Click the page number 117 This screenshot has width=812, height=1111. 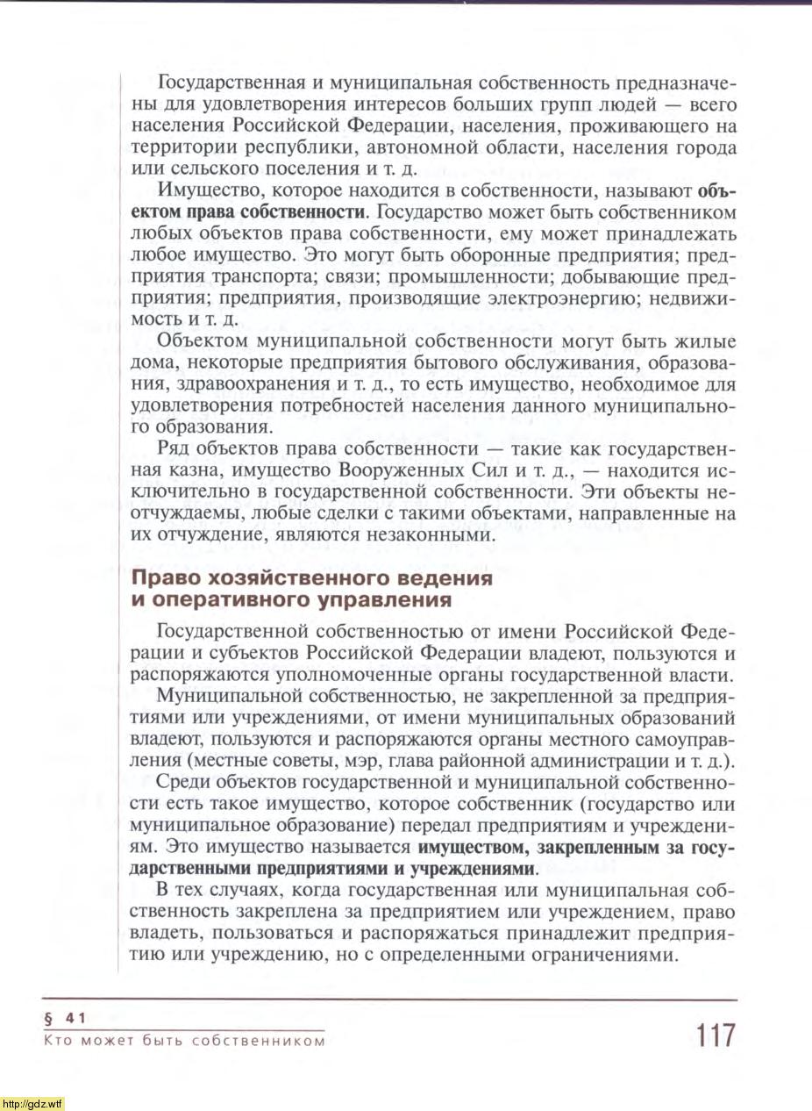pos(716,1035)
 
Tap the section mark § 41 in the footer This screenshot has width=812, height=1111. pos(62,1018)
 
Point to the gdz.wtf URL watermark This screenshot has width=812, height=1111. pos(32,1103)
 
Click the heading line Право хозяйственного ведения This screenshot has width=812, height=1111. pos(311,579)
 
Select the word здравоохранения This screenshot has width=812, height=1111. pos(246,384)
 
